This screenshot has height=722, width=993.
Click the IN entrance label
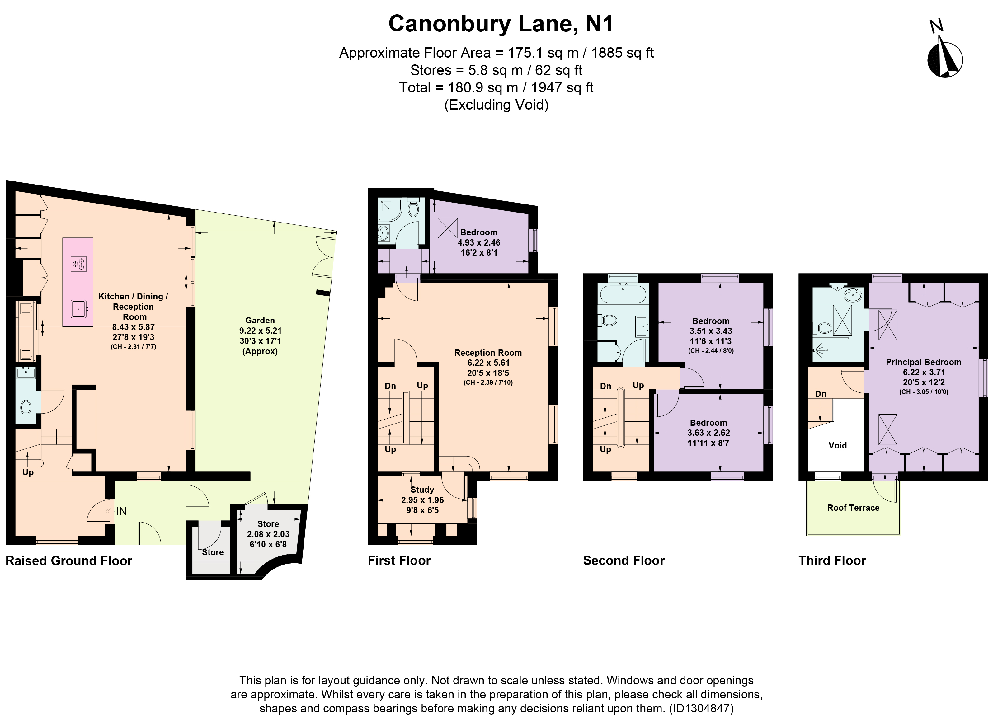[121, 511]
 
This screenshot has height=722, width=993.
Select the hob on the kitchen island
[79, 264]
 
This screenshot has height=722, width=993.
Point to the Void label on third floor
[838, 445]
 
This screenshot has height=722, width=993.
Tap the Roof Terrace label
[853, 508]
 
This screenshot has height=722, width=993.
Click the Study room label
[422, 490]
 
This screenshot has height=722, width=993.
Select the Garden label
[260, 321]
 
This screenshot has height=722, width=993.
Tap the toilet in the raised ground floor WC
[26, 407]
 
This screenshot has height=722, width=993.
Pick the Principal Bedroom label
[923, 362]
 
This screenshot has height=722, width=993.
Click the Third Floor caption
[832, 560]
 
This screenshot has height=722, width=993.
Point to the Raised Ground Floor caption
[69, 561]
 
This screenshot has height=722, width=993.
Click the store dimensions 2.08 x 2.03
[268, 534]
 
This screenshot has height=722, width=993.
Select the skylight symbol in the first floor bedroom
[447, 228]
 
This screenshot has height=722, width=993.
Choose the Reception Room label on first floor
[488, 353]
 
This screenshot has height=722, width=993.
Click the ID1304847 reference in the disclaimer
[700, 708]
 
